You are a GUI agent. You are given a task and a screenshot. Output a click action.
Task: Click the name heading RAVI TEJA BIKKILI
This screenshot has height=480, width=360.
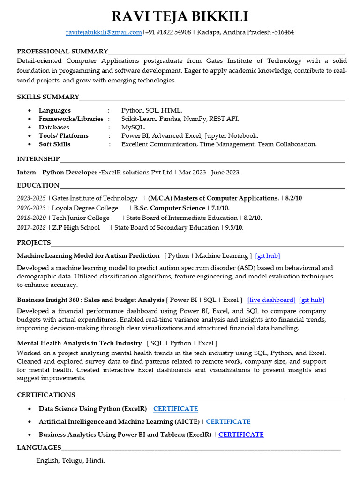180,17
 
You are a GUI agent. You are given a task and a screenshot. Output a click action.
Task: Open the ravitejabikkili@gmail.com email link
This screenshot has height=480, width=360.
104,32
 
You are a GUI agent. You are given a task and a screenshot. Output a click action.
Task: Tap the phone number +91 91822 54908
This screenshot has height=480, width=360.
168,32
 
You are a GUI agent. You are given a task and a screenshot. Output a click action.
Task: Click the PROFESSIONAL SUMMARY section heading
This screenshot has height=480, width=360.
62,51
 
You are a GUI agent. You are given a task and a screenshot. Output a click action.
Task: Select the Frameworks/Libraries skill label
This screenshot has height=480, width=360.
71,119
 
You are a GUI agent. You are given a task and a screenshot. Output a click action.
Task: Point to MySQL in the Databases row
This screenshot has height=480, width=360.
133,127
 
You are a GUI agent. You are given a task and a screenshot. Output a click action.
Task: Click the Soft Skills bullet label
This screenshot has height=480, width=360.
54,144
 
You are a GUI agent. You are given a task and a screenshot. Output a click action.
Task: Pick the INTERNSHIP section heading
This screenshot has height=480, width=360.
38,159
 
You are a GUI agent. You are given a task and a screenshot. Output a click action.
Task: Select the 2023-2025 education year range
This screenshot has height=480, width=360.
31,198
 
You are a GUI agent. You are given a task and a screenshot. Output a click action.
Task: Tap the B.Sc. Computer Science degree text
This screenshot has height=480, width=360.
169,208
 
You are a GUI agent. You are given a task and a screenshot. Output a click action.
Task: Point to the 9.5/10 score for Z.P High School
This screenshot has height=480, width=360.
234,227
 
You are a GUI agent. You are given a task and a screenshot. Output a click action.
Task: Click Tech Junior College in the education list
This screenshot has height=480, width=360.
81,217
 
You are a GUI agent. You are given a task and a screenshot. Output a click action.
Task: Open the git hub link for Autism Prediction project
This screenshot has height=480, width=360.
268,255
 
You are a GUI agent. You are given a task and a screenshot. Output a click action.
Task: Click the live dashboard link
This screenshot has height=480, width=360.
271,300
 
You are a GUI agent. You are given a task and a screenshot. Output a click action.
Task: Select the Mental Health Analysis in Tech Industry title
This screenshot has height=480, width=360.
79,343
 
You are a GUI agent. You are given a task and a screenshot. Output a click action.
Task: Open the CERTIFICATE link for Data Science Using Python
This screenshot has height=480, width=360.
175,409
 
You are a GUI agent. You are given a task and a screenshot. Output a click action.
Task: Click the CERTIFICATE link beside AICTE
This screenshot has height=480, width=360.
228,421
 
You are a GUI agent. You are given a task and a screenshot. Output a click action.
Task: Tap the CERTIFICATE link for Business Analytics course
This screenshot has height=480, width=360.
241,435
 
